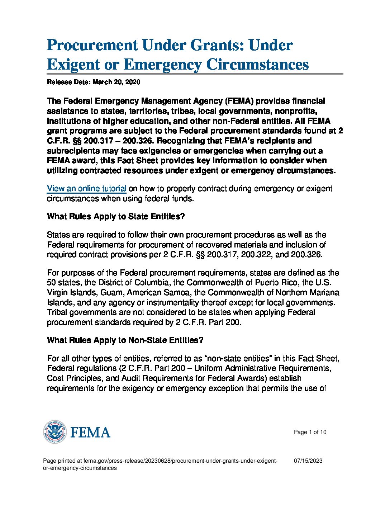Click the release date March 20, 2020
pos(116,82)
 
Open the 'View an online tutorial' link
pos(86,189)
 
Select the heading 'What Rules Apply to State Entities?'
pos(116,217)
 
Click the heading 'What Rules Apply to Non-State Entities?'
pos(125,340)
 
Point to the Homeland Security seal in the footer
pos(54,431)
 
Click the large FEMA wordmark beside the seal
pos(90,432)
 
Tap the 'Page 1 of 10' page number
pos(310,432)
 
